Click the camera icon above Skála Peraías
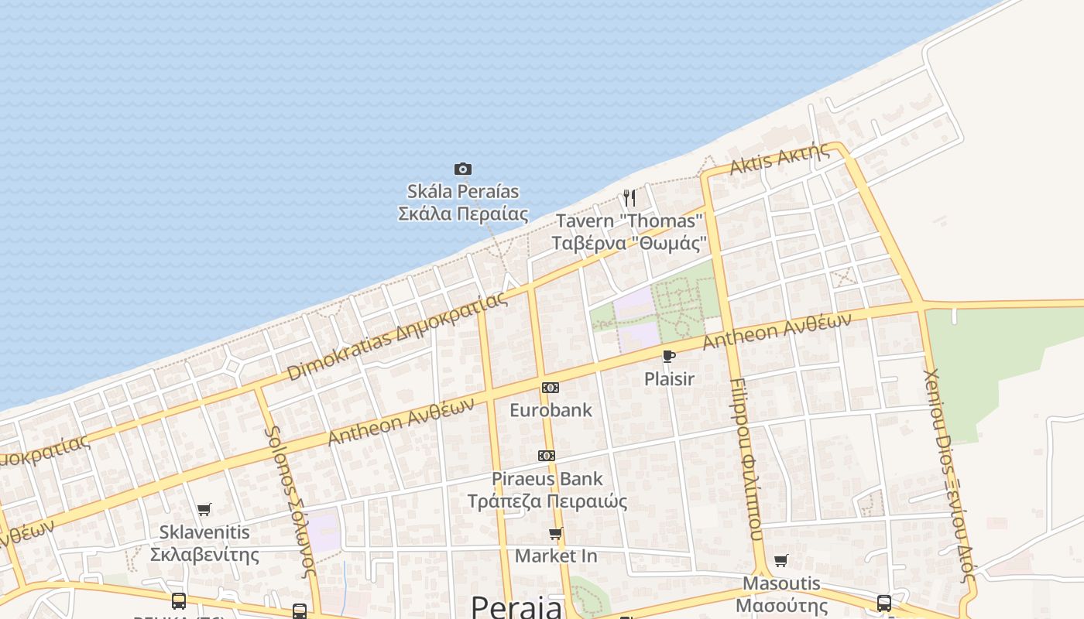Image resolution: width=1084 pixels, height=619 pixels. pyautogui.click(x=463, y=169)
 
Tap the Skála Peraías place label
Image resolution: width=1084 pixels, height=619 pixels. pyautogui.click(x=463, y=202)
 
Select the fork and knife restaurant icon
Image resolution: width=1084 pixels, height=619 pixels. pyautogui.click(x=629, y=198)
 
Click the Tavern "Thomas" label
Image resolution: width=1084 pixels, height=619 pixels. pyautogui.click(x=629, y=231)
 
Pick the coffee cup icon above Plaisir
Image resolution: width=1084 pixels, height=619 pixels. pyautogui.click(x=669, y=356)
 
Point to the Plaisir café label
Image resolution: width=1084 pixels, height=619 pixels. pyautogui.click(x=669, y=378)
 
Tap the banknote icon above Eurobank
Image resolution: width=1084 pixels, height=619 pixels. pyautogui.click(x=551, y=387)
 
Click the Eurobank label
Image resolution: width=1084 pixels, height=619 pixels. pyautogui.click(x=551, y=410)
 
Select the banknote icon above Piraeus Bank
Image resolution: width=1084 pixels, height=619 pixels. pyautogui.click(x=547, y=456)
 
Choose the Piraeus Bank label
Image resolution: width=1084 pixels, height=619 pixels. pyautogui.click(x=547, y=490)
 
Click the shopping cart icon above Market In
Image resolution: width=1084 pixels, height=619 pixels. pyautogui.click(x=556, y=533)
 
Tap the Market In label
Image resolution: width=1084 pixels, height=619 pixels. pyautogui.click(x=556, y=556)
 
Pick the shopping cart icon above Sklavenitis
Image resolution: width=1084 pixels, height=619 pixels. pyautogui.click(x=204, y=509)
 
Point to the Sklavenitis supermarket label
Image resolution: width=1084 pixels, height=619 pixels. pyautogui.click(x=204, y=543)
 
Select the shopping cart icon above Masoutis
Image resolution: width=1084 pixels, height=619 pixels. pyautogui.click(x=781, y=560)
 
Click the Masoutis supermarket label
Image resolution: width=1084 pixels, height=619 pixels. pyautogui.click(x=781, y=593)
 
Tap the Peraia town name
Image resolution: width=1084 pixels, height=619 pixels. pyautogui.click(x=516, y=606)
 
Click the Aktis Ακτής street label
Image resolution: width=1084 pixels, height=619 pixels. pyautogui.click(x=779, y=160)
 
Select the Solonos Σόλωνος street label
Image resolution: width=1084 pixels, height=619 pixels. pyautogui.click(x=291, y=502)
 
